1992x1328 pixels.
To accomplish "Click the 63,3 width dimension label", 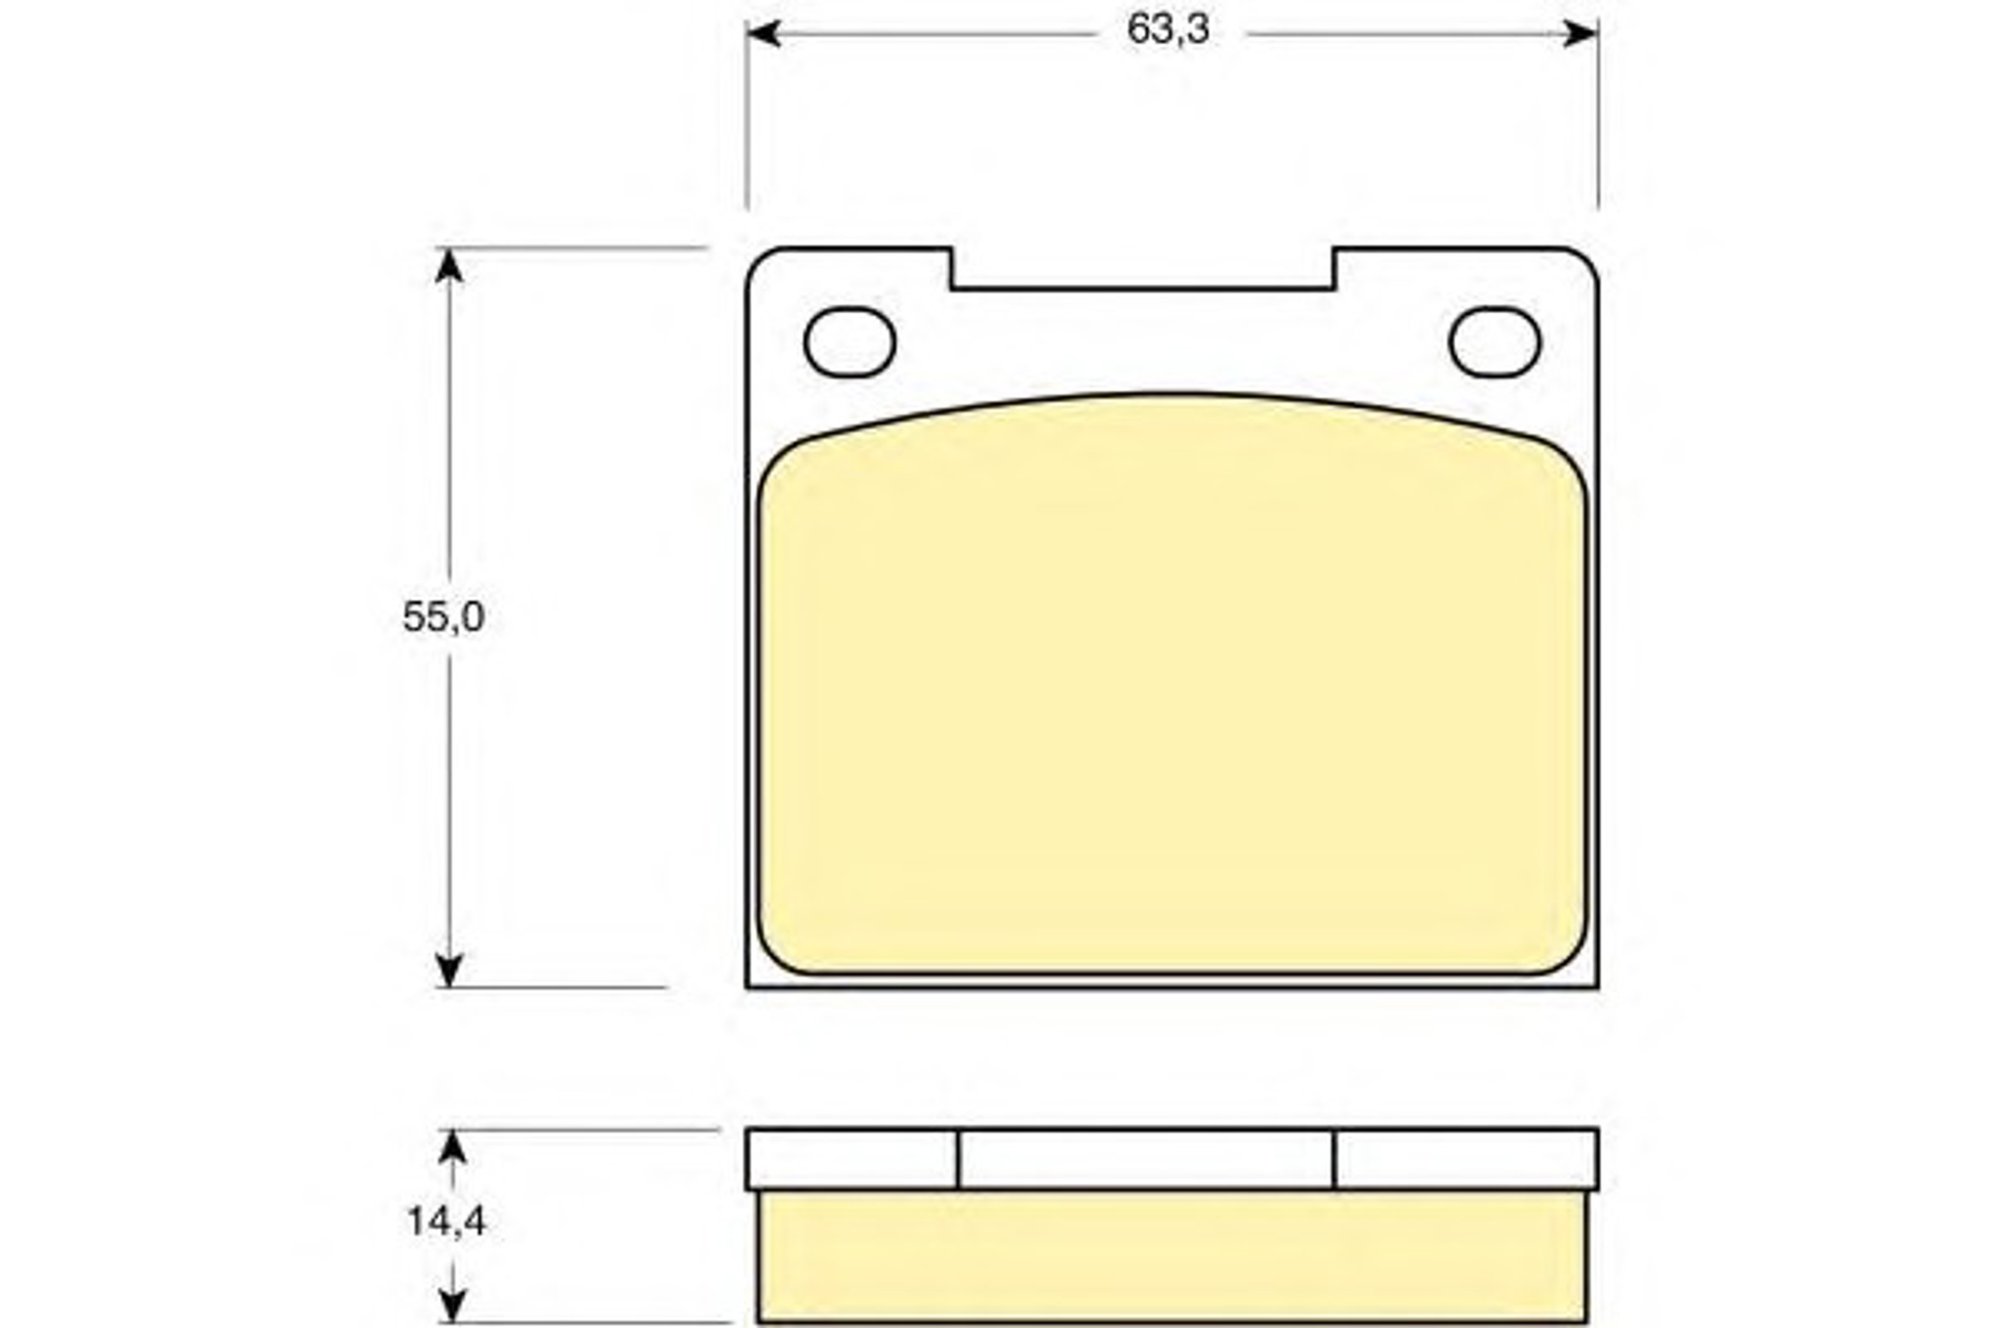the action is tap(1168, 31).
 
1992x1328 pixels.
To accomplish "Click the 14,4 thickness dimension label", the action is tap(447, 1220).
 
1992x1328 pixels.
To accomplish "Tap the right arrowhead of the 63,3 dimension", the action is tap(1580, 34).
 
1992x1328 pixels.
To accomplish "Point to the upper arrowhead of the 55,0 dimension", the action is tap(449, 265).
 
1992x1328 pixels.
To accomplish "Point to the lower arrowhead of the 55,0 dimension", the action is tap(449, 970).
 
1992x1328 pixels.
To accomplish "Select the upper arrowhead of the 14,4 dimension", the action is tap(453, 1147).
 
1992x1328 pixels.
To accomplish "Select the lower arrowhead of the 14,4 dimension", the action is tap(453, 1305).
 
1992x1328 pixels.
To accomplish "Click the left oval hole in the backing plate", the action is tap(849, 341).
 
